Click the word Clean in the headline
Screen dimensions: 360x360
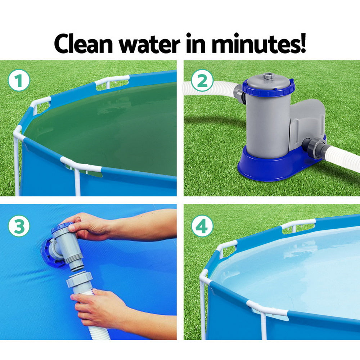(x=86, y=44)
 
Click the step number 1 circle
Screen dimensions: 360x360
(x=19, y=82)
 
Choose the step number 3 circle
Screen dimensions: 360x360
(x=19, y=225)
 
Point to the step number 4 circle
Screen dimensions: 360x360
(x=202, y=226)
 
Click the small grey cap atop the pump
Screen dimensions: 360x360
(x=268, y=76)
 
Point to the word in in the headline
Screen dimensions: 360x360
(x=196, y=44)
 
